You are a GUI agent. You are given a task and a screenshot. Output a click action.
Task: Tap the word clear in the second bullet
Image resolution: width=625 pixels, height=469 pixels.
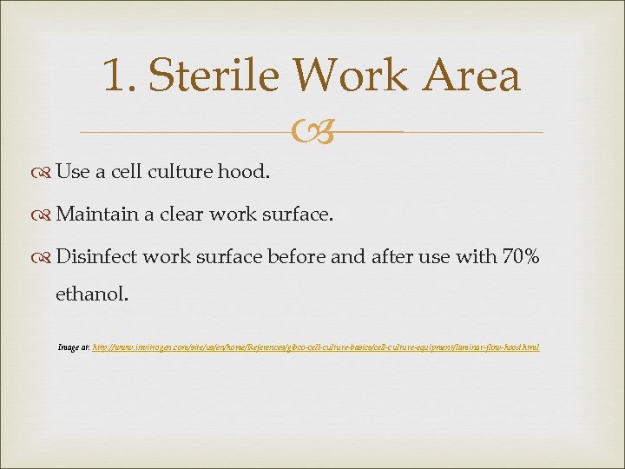[183, 214]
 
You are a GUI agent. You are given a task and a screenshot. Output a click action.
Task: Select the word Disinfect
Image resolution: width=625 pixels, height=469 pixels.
[95, 256]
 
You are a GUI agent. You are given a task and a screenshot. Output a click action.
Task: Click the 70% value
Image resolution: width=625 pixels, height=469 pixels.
[520, 256]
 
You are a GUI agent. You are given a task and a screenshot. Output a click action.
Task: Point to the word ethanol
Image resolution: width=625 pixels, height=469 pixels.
[91, 294]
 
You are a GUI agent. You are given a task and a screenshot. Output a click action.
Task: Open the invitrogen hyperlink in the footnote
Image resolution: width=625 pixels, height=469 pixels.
[316, 347]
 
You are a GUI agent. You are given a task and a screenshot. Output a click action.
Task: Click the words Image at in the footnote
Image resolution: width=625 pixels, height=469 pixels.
[73, 347]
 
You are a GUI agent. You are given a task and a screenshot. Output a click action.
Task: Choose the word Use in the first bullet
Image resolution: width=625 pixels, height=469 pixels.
[72, 172]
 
